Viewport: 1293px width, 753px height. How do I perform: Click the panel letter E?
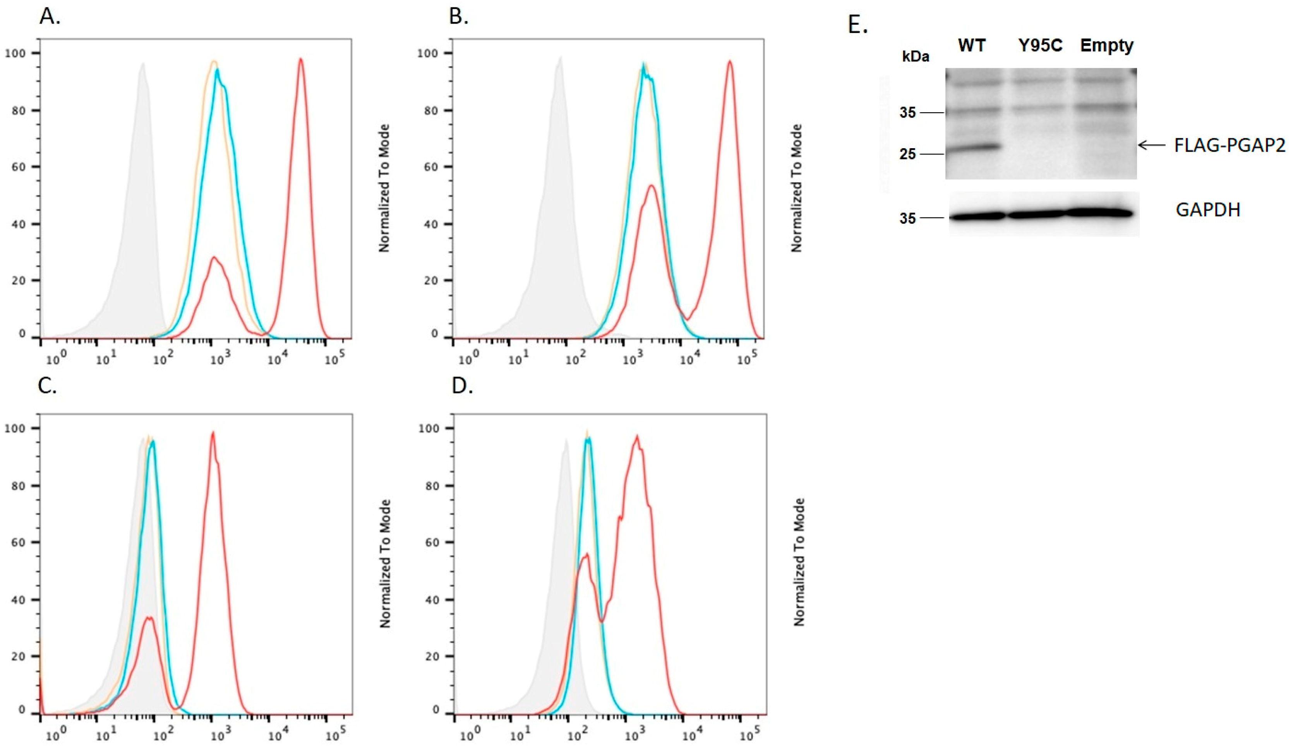pos(857,25)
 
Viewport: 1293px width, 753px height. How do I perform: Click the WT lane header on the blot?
pos(971,46)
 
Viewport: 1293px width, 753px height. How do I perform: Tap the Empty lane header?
pos(1107,46)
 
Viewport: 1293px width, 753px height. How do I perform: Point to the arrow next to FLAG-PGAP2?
pos(1151,145)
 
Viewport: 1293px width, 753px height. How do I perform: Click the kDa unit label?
pos(916,56)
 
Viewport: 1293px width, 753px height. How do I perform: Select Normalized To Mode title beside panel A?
pos(384,188)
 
